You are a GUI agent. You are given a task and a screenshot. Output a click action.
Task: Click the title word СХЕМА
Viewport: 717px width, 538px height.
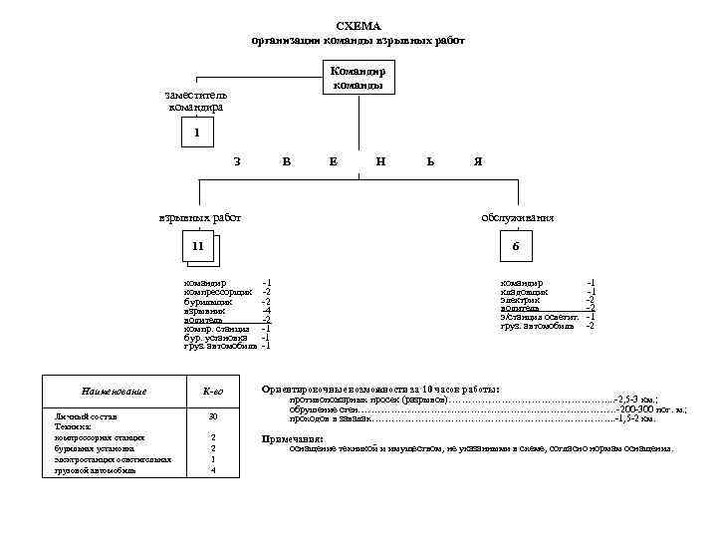[x=358, y=25]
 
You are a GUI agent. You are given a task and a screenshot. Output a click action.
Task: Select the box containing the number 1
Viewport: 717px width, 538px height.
[x=197, y=133]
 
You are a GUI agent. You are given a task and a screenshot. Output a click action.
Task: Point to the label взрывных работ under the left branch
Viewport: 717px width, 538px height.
[x=200, y=218]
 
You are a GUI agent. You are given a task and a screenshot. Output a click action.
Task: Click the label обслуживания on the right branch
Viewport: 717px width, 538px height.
[x=518, y=218]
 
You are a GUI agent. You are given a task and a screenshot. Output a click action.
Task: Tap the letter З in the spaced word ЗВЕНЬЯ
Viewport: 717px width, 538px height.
[x=236, y=161]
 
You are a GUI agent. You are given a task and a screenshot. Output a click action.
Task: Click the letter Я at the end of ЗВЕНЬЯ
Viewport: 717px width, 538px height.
[x=478, y=161]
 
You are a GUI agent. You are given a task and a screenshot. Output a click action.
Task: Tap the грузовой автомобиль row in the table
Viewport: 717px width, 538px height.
[x=96, y=470]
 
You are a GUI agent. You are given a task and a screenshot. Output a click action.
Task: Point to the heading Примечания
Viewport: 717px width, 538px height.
[x=292, y=438]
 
